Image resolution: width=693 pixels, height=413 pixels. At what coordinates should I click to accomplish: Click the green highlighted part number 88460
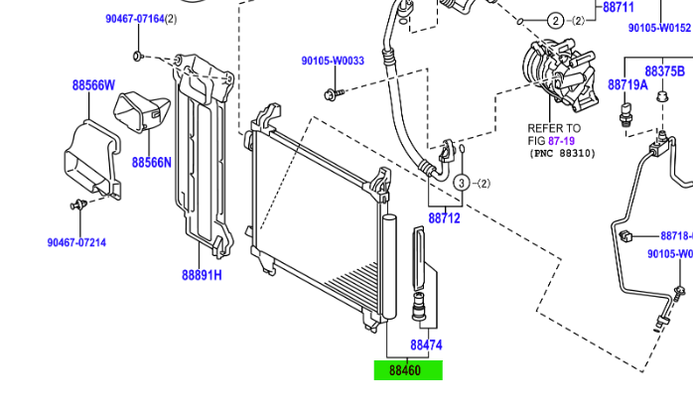click(407, 371)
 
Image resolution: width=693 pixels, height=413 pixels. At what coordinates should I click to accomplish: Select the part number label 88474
click(426, 345)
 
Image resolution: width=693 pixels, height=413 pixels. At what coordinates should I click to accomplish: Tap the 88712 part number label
click(445, 217)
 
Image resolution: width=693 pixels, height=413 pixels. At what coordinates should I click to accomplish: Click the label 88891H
click(202, 275)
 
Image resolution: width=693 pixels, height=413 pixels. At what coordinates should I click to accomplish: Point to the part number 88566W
click(93, 84)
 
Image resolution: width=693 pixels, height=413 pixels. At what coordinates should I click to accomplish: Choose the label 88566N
click(152, 162)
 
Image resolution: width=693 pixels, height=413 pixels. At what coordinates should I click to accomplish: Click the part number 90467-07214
click(76, 242)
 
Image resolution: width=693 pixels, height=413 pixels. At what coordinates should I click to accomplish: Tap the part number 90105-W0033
click(333, 61)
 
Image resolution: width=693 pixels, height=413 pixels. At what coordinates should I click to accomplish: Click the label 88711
click(618, 8)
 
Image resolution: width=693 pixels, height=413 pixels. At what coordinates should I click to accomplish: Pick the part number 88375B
click(664, 71)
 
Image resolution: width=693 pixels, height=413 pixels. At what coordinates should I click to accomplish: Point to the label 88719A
click(627, 85)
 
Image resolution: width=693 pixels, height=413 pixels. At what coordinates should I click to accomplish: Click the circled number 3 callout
click(461, 184)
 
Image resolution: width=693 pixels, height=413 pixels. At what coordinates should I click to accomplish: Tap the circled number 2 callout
click(554, 20)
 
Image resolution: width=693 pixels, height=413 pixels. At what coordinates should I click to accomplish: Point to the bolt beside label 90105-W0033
click(332, 93)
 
